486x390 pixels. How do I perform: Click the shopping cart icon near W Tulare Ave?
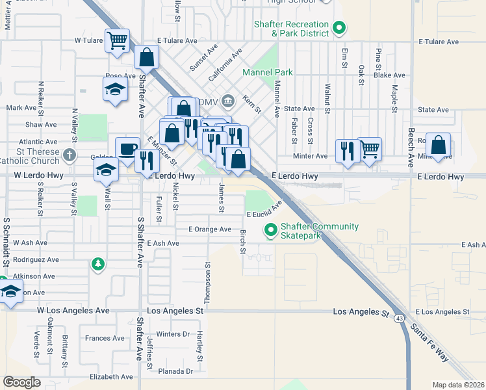117,40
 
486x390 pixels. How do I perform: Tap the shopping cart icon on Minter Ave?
370,148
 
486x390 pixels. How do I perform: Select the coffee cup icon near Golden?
127,149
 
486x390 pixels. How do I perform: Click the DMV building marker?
227,101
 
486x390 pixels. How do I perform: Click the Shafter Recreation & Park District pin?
339,27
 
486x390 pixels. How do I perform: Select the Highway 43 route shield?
400,318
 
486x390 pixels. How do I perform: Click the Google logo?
21,382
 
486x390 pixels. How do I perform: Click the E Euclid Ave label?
264,210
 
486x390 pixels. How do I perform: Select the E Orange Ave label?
209,229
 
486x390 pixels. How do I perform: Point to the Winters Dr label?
172,334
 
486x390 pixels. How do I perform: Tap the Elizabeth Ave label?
111,377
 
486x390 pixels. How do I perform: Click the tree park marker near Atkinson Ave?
97,263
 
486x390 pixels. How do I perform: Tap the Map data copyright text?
459,385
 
